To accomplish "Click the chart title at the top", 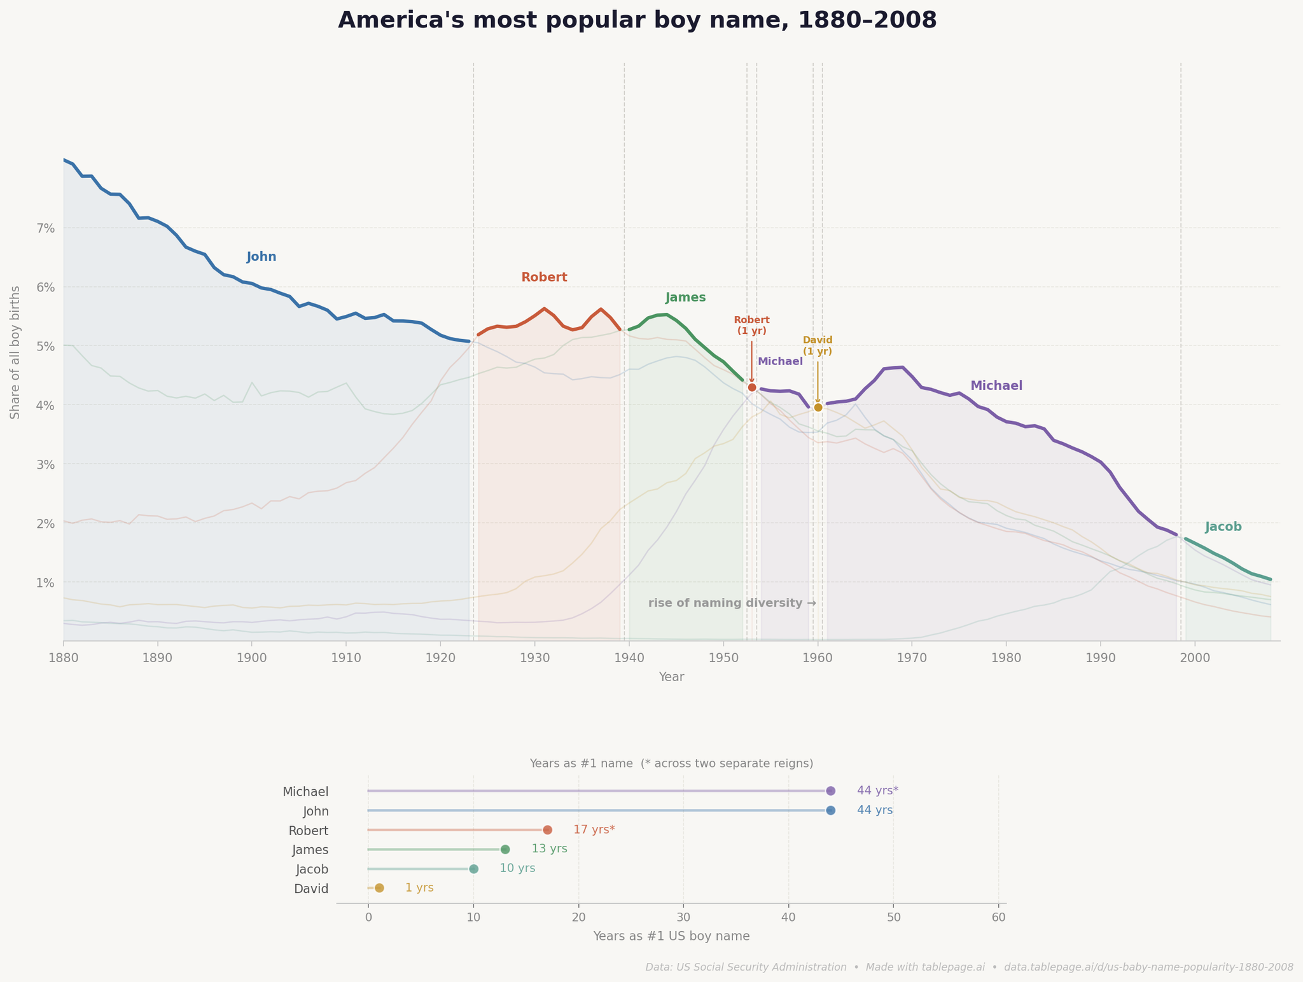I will (637, 20).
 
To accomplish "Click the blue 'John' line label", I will (261, 257).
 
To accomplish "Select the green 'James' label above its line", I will (685, 298).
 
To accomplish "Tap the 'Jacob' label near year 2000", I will (1223, 527).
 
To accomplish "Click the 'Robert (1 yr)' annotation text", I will (751, 325).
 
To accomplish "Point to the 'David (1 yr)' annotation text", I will (817, 345).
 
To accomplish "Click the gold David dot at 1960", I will (818, 407).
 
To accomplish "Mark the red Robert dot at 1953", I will (752, 387).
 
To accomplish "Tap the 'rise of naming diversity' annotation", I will (732, 603).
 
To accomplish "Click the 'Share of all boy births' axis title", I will (15, 352).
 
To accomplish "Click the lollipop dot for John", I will (830, 810).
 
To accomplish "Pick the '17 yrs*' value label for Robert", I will (594, 830).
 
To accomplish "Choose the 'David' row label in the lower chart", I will (311, 889).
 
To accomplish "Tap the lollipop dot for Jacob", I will (473, 869).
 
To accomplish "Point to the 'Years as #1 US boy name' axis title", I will (671, 936).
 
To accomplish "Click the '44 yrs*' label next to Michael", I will (877, 791).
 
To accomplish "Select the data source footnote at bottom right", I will (969, 967).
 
